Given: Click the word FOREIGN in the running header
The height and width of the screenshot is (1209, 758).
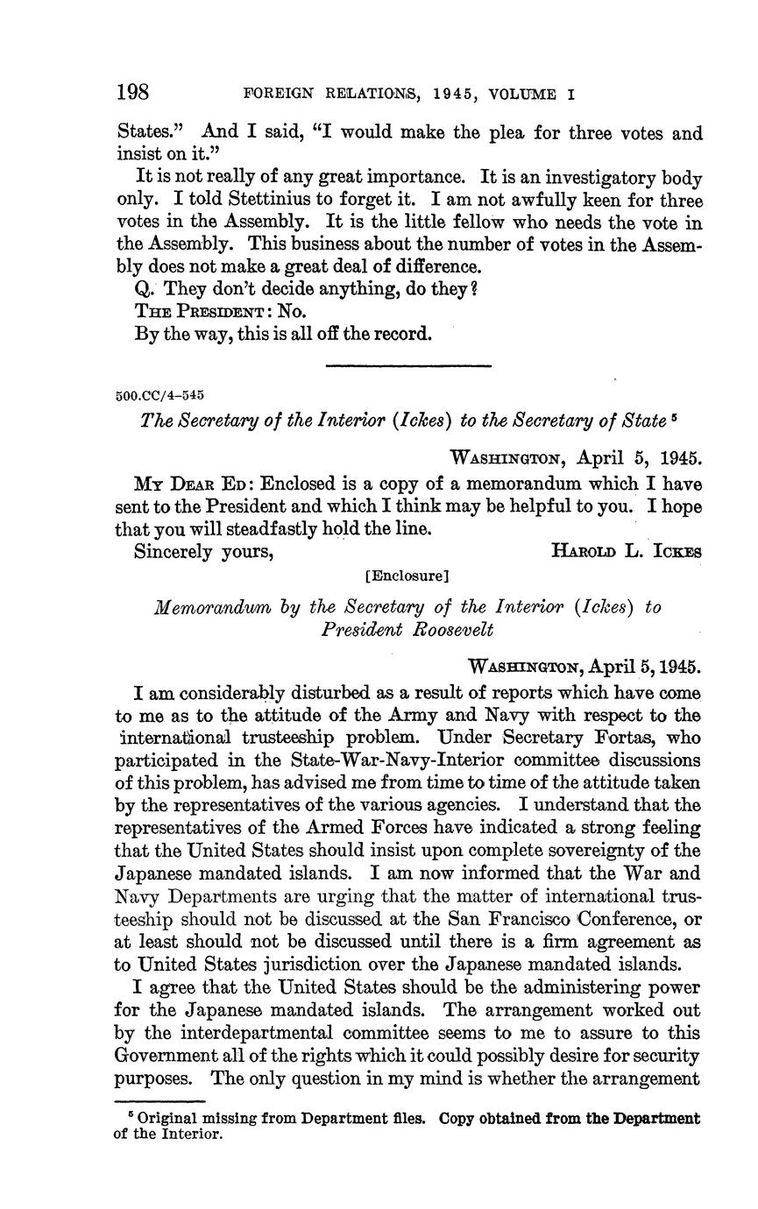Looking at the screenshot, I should pyautogui.click(x=273, y=94).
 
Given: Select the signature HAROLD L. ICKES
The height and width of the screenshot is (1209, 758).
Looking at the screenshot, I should pyautogui.click(x=626, y=551).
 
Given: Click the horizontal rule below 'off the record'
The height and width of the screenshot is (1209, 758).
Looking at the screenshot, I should pyautogui.click(x=407, y=366).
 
